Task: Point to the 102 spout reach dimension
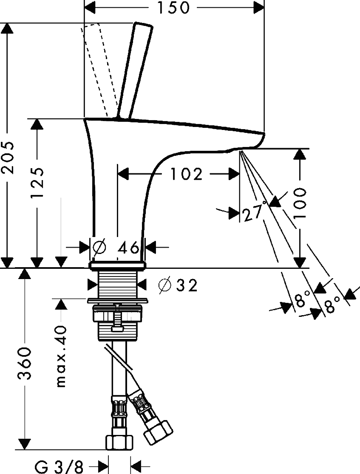pos(186,174)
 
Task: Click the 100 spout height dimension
pos(300,203)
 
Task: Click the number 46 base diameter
pos(128,248)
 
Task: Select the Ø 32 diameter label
pos(178,285)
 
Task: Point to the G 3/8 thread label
pos(59,467)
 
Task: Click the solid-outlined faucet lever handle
pos(135,70)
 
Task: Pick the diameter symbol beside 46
pos(99,248)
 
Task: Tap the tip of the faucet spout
pos(264,133)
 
